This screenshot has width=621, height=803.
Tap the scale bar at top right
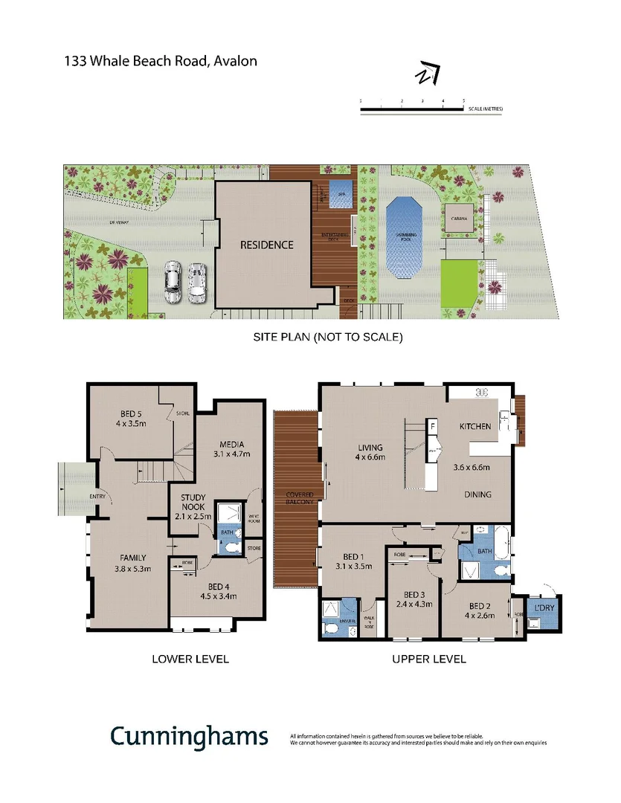click(x=413, y=109)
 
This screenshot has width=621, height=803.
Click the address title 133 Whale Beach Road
click(x=161, y=61)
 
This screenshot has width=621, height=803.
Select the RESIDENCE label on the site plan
click(x=266, y=245)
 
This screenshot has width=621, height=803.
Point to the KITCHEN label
click(x=474, y=426)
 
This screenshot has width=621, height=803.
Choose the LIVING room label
click(x=370, y=448)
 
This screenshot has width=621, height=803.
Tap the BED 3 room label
click(x=414, y=594)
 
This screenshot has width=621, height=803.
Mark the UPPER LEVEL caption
click(x=429, y=659)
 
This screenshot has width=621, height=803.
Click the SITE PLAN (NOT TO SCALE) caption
click(x=328, y=337)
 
